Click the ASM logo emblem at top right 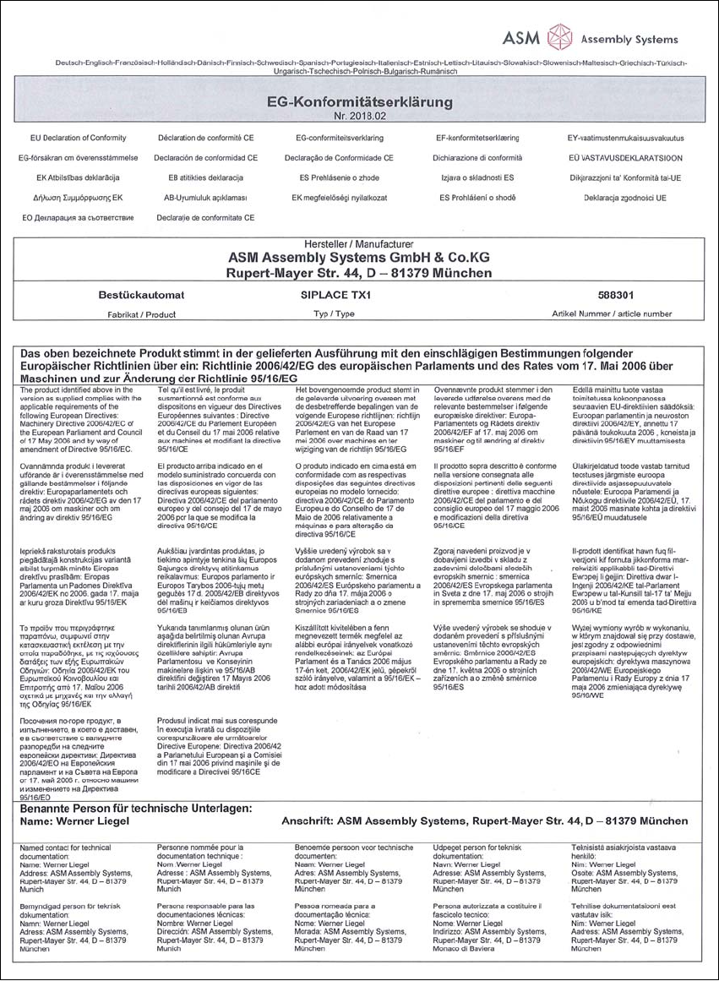[x=558, y=37]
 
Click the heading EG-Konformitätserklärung [x=359, y=102]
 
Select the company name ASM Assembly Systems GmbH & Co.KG [x=360, y=258]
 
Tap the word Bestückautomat [x=136, y=297]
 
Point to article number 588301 [x=601, y=297]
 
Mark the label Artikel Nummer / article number [x=600, y=313]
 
